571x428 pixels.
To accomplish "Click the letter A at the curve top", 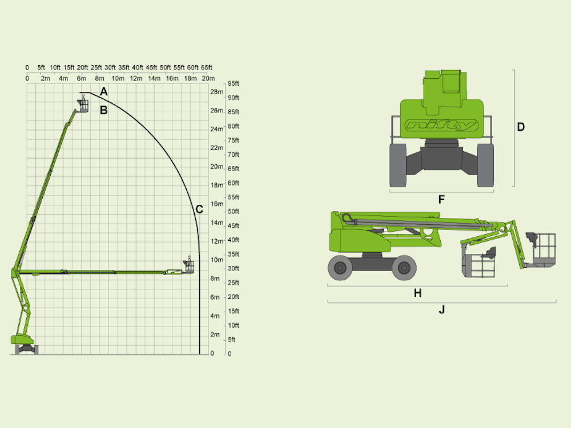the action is coord(104,92).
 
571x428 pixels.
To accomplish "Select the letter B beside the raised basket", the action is coord(104,110).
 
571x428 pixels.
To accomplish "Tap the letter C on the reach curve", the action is coord(199,209).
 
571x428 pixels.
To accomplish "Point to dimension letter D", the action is coord(521,127).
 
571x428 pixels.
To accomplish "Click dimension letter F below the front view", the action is coord(441,199).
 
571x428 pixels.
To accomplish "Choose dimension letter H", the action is coord(418,293).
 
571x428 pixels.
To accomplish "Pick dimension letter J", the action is coord(442,310).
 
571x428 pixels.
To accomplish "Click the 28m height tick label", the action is coord(216,92).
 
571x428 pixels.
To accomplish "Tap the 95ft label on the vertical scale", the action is coord(234,83).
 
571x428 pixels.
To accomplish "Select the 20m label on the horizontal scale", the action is coord(208,78).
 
